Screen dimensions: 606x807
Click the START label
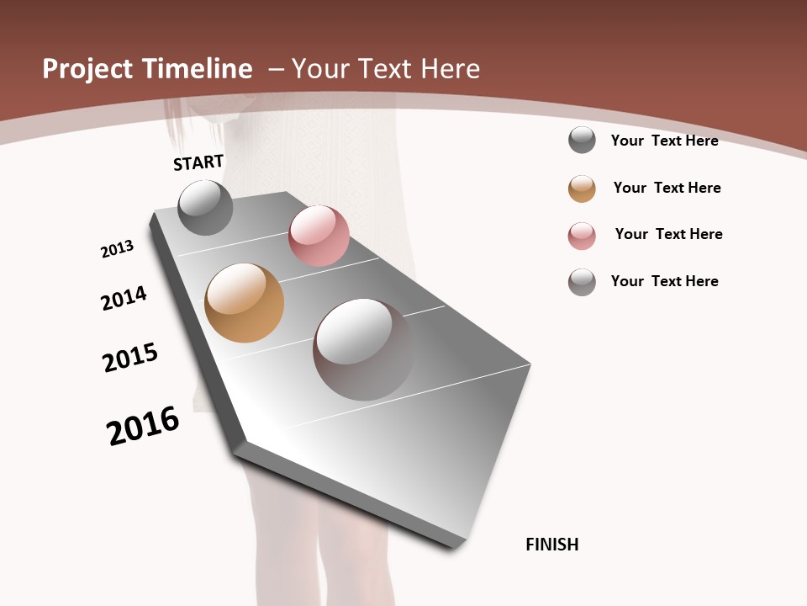click(198, 162)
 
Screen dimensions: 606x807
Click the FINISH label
click(552, 545)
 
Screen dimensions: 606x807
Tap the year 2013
click(118, 249)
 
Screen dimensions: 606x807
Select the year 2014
click(124, 298)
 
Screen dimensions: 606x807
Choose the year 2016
click(143, 426)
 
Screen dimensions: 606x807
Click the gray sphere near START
click(206, 207)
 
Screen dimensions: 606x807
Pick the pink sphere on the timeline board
click(319, 236)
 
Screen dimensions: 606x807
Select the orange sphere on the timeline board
click(244, 303)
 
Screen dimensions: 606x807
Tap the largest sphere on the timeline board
click(363, 349)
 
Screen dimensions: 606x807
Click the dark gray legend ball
click(582, 140)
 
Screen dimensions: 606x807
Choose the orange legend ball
click(582, 189)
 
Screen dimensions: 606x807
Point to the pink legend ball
click(582, 236)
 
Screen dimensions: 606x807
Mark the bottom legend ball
click(582, 282)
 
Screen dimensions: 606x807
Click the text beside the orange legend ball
click(667, 188)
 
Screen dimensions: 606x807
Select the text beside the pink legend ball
click(668, 234)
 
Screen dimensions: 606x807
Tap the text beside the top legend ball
click(664, 141)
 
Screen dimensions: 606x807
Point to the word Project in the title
click(88, 69)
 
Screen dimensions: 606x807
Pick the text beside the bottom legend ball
click(664, 281)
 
